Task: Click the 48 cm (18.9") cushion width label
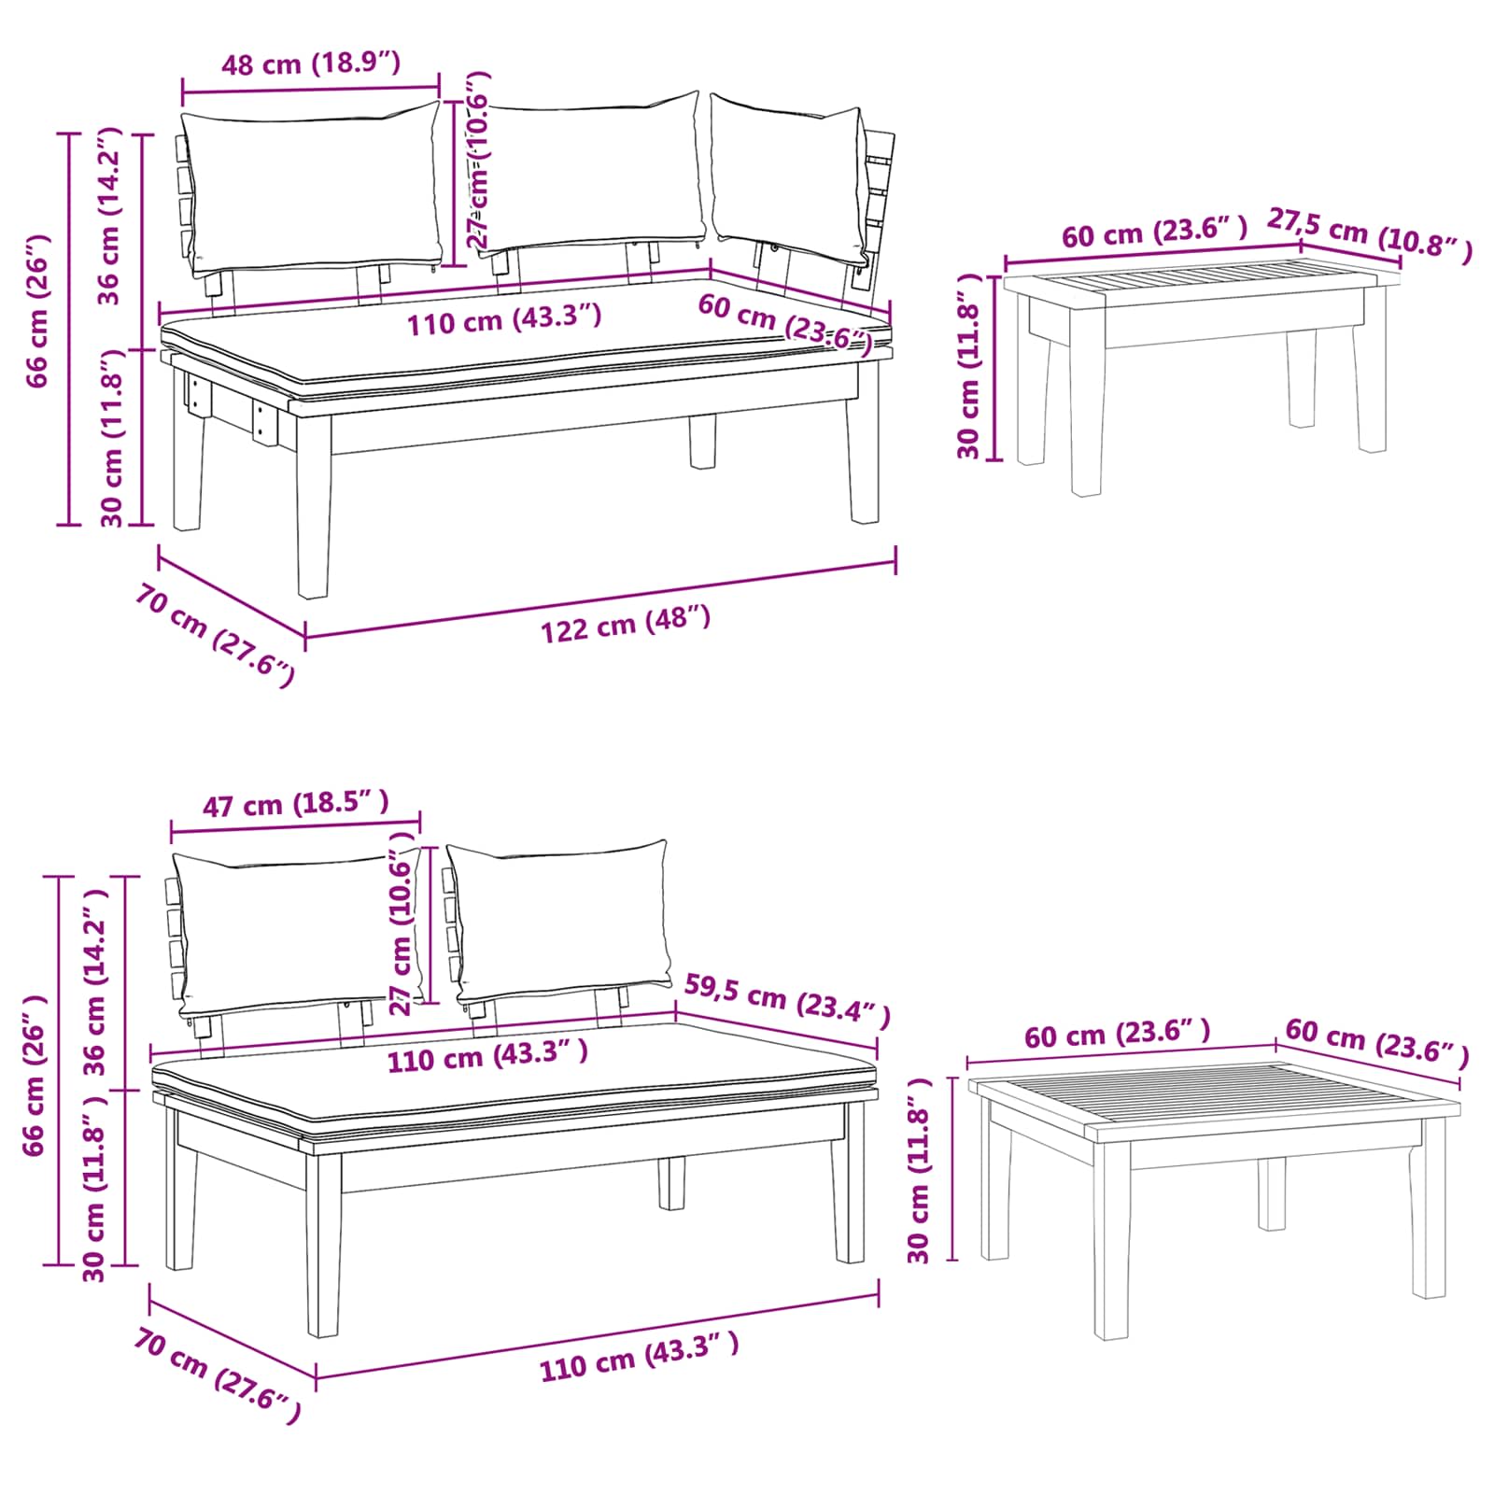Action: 310,63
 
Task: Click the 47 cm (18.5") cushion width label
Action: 295,803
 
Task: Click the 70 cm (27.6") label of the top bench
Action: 214,635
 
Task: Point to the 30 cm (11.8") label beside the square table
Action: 919,1170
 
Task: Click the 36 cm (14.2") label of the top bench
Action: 110,216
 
